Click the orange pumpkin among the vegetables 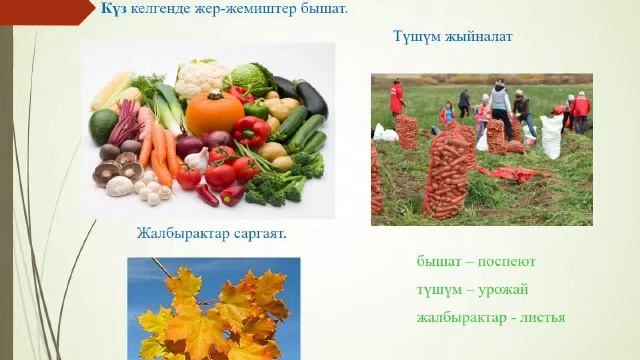click(x=214, y=113)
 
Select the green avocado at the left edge click(x=104, y=125)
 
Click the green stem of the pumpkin click(x=213, y=92)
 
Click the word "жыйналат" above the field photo click(x=479, y=37)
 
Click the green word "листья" click(x=539, y=318)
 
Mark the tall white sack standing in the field click(x=551, y=136)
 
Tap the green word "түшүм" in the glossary click(x=440, y=290)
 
